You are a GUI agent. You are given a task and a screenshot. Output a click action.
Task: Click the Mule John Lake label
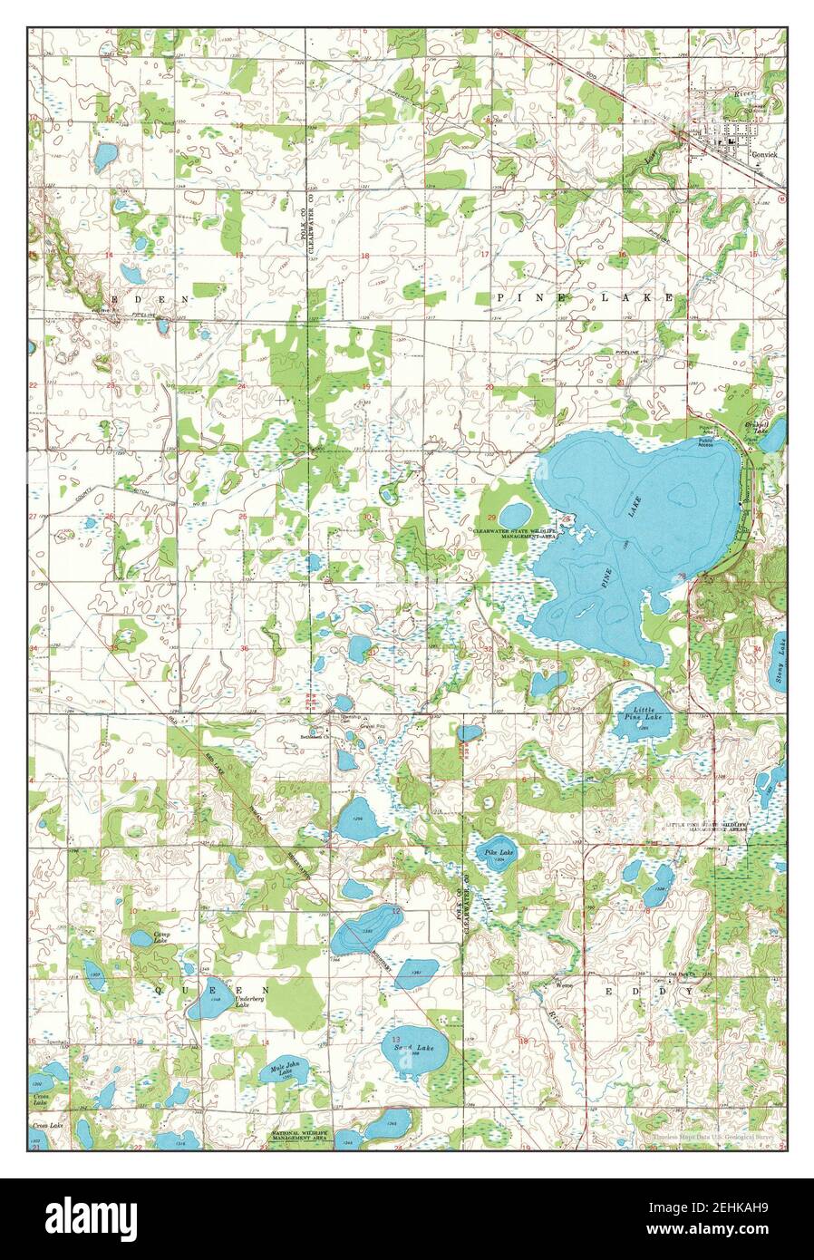click(x=287, y=1072)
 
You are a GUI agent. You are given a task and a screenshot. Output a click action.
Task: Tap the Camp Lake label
click(x=160, y=937)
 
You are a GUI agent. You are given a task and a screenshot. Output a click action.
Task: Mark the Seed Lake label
click(x=408, y=1048)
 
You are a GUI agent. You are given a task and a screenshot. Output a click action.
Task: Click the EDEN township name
click(x=150, y=298)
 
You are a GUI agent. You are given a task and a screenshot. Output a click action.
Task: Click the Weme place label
click(x=565, y=984)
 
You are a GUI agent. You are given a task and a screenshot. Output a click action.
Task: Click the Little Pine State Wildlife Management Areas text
click(x=708, y=827)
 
